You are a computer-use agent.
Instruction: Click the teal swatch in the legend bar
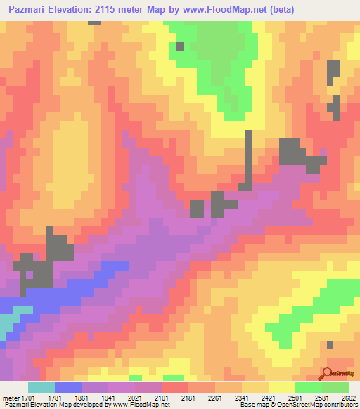(41, 387)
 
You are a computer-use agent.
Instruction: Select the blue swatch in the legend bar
(67, 387)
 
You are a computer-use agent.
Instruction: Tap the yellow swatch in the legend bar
(281, 387)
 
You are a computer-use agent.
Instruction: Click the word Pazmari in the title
(30, 9)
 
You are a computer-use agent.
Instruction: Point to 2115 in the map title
(118, 9)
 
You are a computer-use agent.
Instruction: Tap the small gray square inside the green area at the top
(180, 46)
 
